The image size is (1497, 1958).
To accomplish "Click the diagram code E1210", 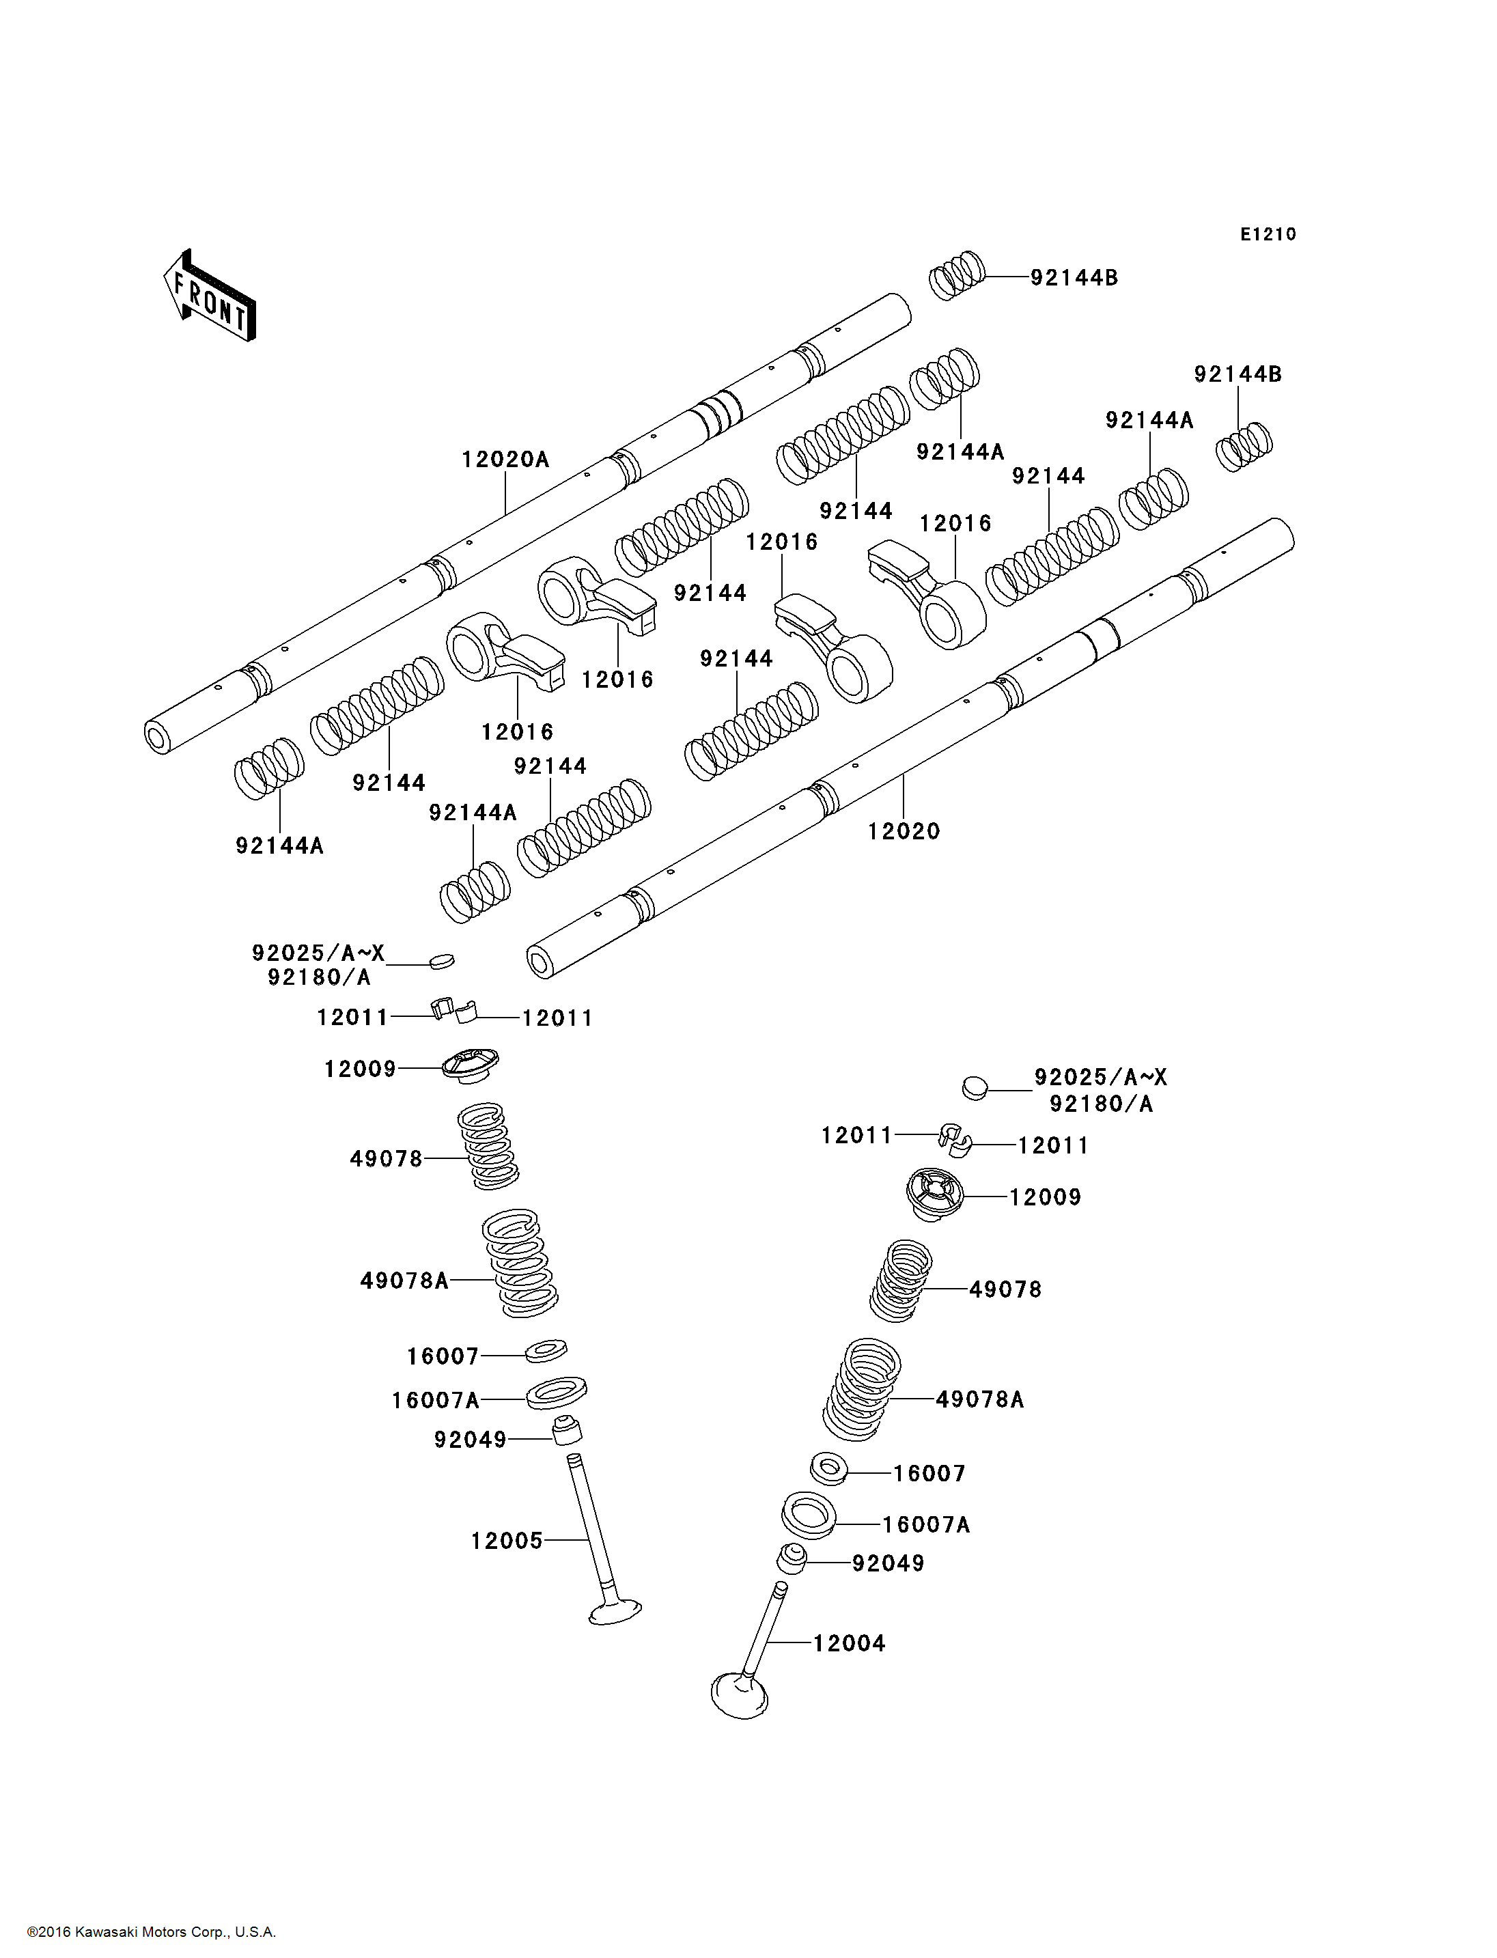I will [x=1268, y=234].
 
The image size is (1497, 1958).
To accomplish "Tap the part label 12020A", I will [x=505, y=460].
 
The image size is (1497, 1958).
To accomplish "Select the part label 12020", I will [x=904, y=832].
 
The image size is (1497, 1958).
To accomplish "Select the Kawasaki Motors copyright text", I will [x=152, y=1932].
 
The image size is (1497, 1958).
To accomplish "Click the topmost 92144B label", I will [x=1074, y=278].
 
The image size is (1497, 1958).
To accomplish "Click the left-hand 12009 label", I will [x=359, y=1069].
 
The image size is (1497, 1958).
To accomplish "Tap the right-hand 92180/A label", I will [x=1100, y=1104].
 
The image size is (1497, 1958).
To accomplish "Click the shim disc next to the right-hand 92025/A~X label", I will [x=976, y=1088].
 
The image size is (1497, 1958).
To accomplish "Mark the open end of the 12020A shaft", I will [x=158, y=738].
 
